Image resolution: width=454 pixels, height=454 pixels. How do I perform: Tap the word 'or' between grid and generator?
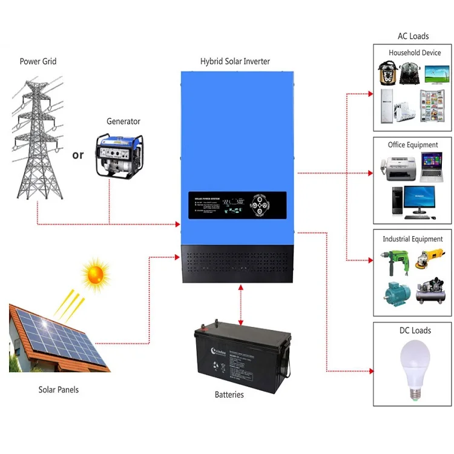coord(78,155)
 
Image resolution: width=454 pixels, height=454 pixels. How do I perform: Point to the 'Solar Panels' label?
coord(59,389)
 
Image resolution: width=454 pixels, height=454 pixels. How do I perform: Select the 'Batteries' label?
coord(229,395)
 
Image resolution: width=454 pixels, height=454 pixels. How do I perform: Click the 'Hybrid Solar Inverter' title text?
coord(235,61)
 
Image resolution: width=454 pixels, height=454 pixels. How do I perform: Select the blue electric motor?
coord(393,293)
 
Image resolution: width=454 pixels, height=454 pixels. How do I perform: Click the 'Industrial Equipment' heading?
coord(412,239)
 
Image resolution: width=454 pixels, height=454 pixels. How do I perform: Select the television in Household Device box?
coord(437,74)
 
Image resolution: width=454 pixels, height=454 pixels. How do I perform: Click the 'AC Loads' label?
coord(413,36)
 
